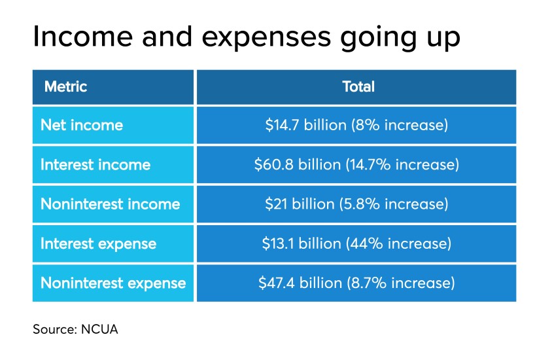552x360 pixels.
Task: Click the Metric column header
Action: coord(65,86)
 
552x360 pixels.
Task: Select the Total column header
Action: coord(358,86)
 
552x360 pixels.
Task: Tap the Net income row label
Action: coord(82,125)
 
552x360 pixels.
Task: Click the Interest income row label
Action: coord(95,165)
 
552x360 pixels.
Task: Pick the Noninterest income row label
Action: coord(110,204)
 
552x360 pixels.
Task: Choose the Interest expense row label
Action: coord(98,244)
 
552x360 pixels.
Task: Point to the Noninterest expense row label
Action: coord(113,283)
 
